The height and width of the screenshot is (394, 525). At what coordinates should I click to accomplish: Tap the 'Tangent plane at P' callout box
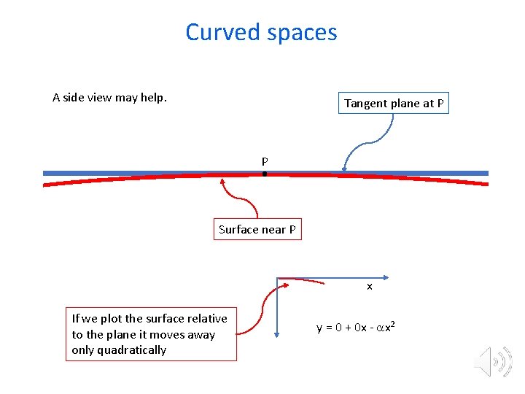point(394,104)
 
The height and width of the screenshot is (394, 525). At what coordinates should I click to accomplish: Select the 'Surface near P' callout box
point(257,230)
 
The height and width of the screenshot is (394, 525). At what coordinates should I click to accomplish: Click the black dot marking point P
point(265,174)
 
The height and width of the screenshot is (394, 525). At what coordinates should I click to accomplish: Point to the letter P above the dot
point(265,161)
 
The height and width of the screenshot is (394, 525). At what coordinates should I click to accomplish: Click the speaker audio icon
point(494,361)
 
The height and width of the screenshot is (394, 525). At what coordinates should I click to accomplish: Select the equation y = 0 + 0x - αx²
point(356,327)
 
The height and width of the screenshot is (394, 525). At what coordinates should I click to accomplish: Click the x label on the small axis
point(370,287)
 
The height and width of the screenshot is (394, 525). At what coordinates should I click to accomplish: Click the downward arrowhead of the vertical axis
point(278,333)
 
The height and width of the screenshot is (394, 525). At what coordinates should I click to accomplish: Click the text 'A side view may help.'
point(109,97)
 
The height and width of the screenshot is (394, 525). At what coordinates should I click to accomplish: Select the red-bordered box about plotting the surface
point(151,334)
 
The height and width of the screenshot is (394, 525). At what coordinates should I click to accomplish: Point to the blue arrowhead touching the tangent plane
point(345,171)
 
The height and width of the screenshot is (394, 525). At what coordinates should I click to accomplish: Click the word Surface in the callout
point(238,230)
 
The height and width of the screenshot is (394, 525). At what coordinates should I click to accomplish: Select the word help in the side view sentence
point(152,98)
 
